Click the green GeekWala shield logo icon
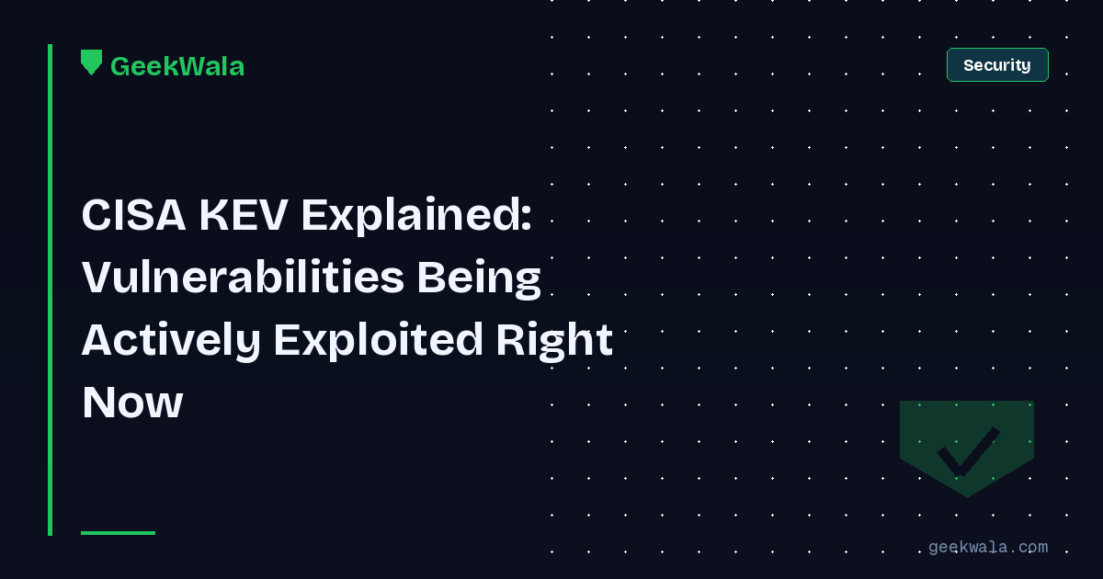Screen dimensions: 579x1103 point(91,62)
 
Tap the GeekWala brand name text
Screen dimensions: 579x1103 point(177,66)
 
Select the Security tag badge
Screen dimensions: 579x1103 point(997,65)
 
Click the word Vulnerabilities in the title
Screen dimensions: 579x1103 point(243,278)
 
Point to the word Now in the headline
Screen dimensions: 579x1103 point(132,403)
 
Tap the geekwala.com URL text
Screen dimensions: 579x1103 point(987,547)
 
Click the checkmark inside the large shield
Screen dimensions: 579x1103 point(967,450)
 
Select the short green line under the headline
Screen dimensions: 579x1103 point(118,532)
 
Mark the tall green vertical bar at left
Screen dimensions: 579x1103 point(50,289)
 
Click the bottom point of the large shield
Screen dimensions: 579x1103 point(967,495)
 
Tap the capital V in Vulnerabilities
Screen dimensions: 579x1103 point(97,278)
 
